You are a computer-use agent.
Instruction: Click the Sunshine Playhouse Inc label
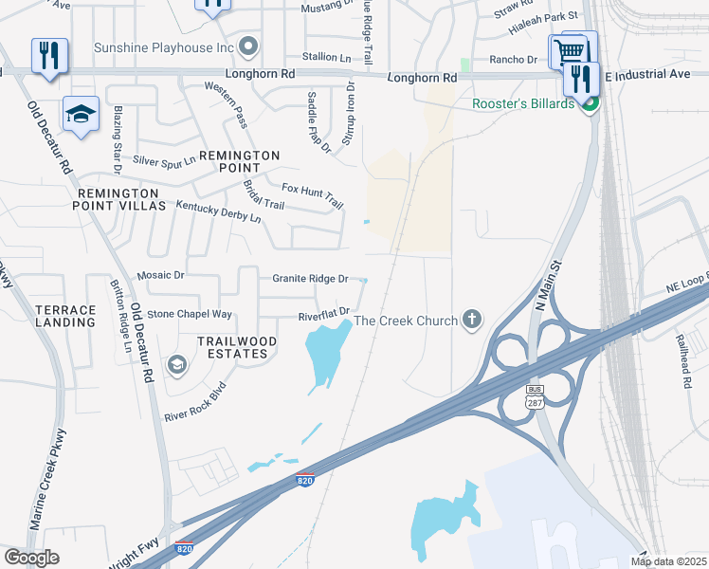164,46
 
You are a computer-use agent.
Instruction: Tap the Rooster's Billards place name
524,104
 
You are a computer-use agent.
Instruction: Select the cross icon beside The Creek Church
473,321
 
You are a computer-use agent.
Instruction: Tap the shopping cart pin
568,49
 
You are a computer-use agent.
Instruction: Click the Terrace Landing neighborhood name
65,316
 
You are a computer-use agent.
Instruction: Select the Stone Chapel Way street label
190,314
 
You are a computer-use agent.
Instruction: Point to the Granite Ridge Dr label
310,279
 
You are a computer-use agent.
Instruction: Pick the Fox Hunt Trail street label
313,194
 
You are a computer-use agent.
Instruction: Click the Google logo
32,558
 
